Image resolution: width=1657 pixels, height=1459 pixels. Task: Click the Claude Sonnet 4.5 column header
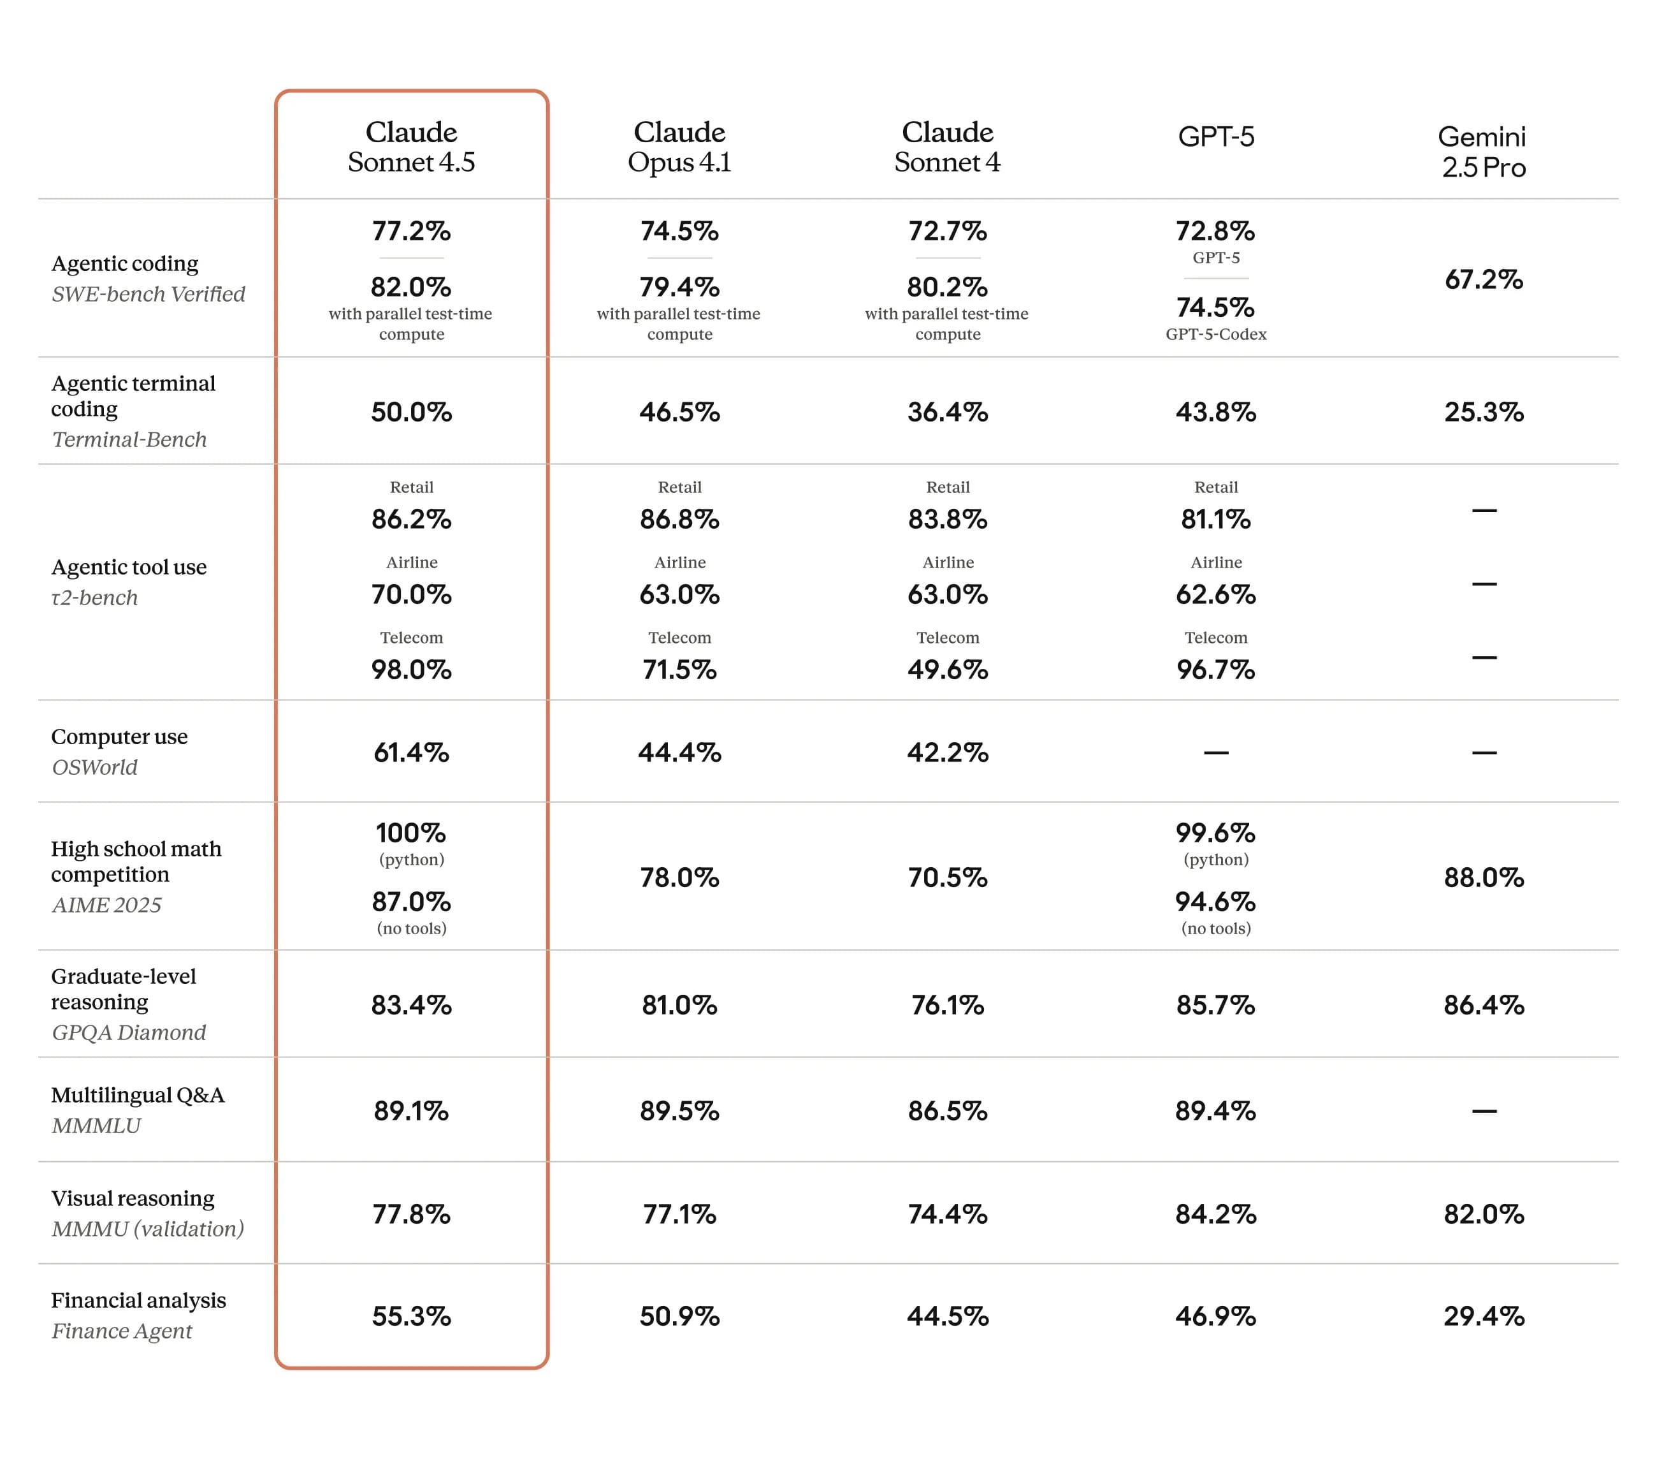coord(411,147)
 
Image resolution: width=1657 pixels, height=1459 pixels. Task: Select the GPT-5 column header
coord(1215,136)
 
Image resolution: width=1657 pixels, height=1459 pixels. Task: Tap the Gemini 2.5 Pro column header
coord(1483,152)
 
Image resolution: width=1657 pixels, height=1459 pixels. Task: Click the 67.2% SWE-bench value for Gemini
coord(1484,280)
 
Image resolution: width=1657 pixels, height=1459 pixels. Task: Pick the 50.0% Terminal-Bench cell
coord(411,412)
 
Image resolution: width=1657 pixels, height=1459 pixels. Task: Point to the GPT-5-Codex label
coord(1215,334)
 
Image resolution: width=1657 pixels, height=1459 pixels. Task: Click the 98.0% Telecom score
coord(411,670)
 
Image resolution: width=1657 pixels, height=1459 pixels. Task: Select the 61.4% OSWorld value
coord(411,752)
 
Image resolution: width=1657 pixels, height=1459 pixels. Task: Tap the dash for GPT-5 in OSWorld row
coord(1215,752)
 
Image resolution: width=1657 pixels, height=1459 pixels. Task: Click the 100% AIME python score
coord(411,833)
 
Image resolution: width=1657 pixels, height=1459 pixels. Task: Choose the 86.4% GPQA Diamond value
coord(1484,1006)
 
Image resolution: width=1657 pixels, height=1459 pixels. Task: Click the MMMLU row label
coord(96,1125)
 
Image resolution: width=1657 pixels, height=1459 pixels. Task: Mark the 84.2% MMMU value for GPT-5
coord(1215,1214)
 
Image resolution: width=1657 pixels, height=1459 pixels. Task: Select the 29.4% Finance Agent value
coord(1484,1316)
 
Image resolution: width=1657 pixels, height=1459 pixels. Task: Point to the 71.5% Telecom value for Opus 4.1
coord(679,670)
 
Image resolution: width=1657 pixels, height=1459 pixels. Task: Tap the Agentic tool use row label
coord(129,567)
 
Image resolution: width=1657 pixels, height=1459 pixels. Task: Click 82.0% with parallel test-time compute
coord(411,287)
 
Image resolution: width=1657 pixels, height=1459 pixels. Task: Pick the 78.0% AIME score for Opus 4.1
coord(679,877)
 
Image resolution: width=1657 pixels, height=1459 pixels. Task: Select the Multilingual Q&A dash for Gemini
coord(1484,1111)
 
